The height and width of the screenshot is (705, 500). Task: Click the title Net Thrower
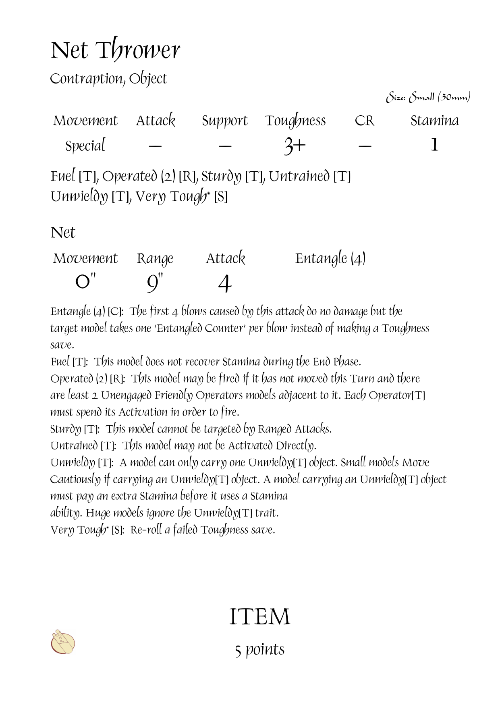pyautogui.click(x=115, y=50)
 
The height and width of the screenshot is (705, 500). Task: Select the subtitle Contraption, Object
pyautogui.click(x=108, y=79)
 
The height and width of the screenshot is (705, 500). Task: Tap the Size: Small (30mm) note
pyautogui.click(x=428, y=97)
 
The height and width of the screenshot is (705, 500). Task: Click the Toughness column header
pyautogui.click(x=295, y=121)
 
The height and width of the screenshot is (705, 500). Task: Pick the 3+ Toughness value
pyautogui.click(x=295, y=146)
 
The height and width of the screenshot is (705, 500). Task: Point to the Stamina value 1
pyautogui.click(x=434, y=145)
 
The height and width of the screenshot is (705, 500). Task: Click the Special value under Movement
pyautogui.click(x=85, y=146)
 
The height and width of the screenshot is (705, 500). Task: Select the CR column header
pyautogui.click(x=364, y=121)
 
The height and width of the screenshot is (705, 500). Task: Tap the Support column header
pyautogui.click(x=224, y=121)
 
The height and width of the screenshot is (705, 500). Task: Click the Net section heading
pyautogui.click(x=63, y=233)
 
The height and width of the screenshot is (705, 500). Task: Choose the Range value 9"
pyautogui.click(x=155, y=283)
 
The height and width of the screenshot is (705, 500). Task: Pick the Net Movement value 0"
pyautogui.click(x=85, y=282)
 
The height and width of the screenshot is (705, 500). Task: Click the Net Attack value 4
pyautogui.click(x=225, y=283)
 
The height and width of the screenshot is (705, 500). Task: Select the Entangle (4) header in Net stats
pyautogui.click(x=330, y=258)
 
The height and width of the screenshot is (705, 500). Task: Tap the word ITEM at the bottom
pyautogui.click(x=259, y=617)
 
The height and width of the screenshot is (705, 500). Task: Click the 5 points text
pyautogui.click(x=259, y=649)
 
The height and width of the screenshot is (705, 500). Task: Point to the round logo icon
pyautogui.click(x=63, y=642)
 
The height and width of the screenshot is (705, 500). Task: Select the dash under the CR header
pyautogui.click(x=365, y=146)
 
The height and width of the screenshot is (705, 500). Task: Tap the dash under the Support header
pyautogui.click(x=225, y=146)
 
